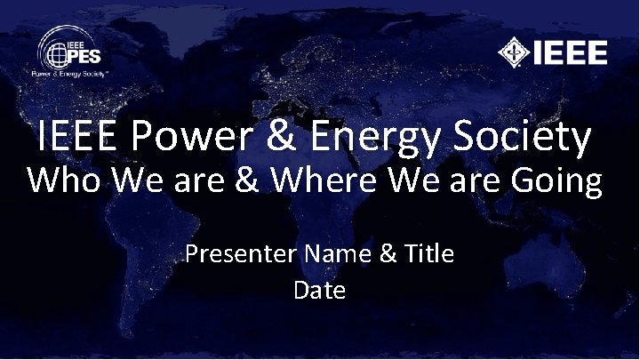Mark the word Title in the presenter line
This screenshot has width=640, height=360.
coord(429,255)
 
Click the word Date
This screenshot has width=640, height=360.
coord(319,290)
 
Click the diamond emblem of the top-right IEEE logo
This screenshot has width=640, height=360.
coord(514,53)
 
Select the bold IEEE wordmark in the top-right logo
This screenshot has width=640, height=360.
coord(571,53)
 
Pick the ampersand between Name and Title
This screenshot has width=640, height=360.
coord(388,255)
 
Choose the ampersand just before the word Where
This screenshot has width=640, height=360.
coord(253,181)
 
